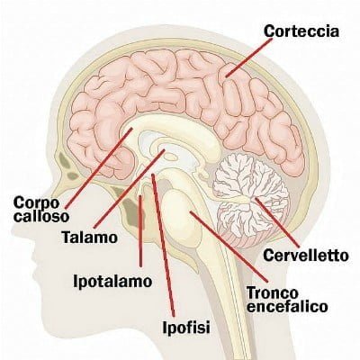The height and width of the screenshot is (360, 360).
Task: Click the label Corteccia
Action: [x=301, y=31]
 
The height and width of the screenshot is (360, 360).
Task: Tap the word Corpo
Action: [x=36, y=203]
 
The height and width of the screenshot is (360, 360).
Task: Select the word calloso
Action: [x=41, y=216]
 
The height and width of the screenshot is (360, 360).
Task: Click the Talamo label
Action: [x=89, y=238]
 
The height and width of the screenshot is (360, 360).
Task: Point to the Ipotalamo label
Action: [x=112, y=281]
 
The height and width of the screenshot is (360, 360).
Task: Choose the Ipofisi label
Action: [x=186, y=327]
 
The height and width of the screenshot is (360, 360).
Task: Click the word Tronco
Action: [x=273, y=292]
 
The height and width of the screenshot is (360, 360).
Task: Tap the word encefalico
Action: [x=287, y=307]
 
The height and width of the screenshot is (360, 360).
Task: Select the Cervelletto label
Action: [x=306, y=256]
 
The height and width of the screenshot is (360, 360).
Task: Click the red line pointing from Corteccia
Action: [x=248, y=58]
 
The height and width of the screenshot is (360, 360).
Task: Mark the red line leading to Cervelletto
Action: [x=277, y=222]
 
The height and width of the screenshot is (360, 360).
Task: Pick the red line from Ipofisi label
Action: [x=163, y=245]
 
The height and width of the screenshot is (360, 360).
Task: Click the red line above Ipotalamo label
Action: [x=140, y=231]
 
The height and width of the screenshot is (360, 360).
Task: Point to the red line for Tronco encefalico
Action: [x=229, y=247]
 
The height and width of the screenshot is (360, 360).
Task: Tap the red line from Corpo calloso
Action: [x=99, y=168]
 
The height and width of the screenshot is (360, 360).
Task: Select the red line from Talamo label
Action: [x=130, y=188]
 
